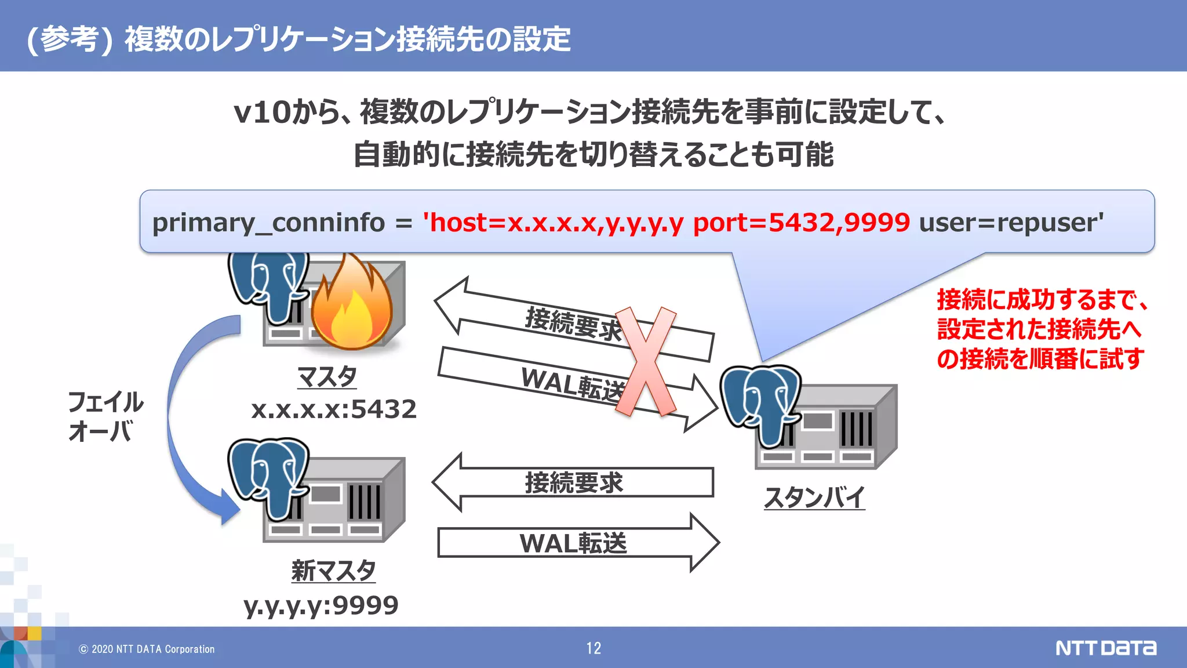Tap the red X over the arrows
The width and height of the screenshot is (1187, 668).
(x=645, y=361)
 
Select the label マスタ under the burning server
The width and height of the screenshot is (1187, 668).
(x=327, y=377)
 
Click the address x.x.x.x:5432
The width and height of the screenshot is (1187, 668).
(x=334, y=409)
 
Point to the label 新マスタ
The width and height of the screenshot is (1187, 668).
(x=333, y=571)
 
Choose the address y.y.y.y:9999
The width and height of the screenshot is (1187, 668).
(x=321, y=605)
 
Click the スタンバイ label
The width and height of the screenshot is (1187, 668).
(x=814, y=498)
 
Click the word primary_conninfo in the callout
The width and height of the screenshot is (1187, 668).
(x=268, y=223)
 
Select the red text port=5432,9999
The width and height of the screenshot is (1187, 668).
(x=801, y=223)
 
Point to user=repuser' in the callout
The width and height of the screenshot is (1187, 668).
(x=1011, y=223)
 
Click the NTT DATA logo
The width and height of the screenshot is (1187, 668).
(x=1105, y=648)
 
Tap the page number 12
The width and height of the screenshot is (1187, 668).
(x=593, y=648)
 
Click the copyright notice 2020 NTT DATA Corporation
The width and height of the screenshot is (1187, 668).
(x=147, y=649)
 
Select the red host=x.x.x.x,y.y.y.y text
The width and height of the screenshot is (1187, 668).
(x=554, y=223)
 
